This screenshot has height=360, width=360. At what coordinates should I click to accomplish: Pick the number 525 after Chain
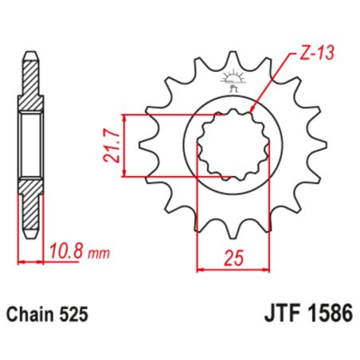pyautogui.click(x=76, y=314)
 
